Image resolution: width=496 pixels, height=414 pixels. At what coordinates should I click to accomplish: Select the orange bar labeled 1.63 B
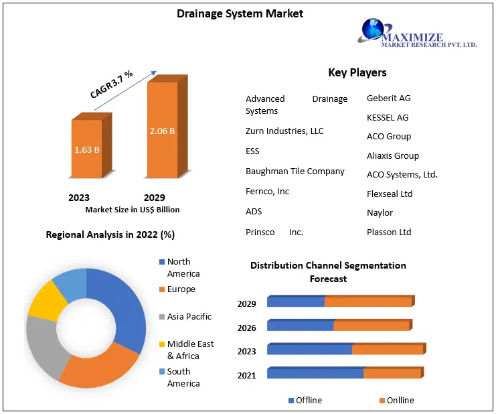[x=87, y=149]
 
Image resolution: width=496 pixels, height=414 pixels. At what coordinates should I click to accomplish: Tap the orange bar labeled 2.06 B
[x=162, y=131]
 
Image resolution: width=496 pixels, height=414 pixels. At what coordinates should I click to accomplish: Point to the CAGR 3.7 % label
[x=111, y=84]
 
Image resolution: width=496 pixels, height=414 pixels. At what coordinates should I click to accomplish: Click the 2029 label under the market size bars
[x=155, y=198]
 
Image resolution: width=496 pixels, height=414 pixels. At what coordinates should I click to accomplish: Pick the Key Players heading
[x=357, y=72]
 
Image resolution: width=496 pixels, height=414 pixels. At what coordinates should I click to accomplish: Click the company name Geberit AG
[x=389, y=98]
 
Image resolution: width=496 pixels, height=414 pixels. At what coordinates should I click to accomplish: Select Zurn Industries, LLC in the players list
[x=284, y=131]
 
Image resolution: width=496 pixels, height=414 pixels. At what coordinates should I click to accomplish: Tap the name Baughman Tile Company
[x=295, y=171]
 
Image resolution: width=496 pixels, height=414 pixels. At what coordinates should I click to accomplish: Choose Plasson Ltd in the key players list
[x=389, y=232]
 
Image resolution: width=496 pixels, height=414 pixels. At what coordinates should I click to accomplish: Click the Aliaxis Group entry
[x=393, y=156]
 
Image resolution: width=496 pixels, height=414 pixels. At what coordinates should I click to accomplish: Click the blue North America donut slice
[x=125, y=301]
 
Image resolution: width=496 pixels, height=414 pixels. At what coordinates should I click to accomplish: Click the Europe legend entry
[x=181, y=289]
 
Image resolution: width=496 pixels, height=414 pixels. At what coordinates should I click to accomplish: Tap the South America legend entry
[x=183, y=377]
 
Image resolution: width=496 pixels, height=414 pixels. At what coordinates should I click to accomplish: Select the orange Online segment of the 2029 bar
[x=367, y=302]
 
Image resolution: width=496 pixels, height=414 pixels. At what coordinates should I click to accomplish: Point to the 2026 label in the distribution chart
[x=246, y=328]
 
